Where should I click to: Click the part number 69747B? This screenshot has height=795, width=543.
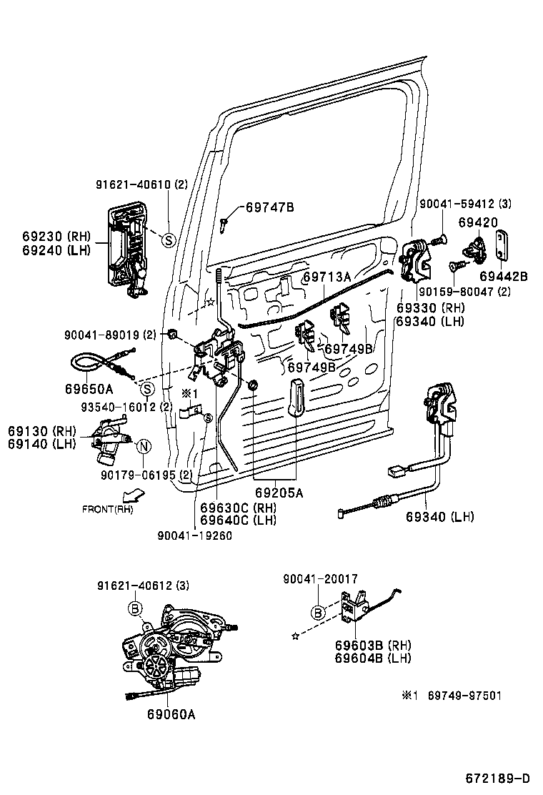(269, 208)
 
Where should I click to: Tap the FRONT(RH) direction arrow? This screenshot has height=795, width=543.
(132, 495)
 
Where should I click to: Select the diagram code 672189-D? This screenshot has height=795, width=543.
(497, 778)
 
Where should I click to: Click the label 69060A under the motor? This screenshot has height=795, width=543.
(171, 714)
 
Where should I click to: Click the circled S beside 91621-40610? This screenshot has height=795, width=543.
(169, 240)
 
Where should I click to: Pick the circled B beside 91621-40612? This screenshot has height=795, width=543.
(134, 608)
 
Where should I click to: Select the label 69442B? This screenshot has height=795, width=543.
(503, 276)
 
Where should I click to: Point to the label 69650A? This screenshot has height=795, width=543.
(89, 389)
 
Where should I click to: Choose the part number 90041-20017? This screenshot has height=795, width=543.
(319, 579)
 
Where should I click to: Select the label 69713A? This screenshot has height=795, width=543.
(327, 277)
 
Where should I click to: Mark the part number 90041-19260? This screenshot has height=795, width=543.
(196, 535)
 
